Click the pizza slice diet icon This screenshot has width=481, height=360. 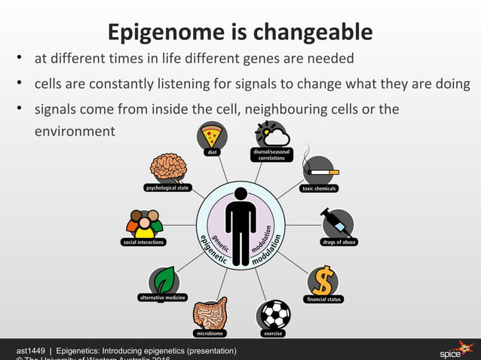click(x=213, y=136)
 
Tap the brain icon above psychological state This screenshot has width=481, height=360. click(x=167, y=167)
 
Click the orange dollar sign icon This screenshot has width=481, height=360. click(x=323, y=280)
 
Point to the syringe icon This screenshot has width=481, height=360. click(x=336, y=224)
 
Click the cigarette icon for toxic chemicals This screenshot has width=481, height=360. click(x=319, y=169)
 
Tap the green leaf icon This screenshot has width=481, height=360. click(x=164, y=281)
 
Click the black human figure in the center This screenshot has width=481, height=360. click(x=240, y=225)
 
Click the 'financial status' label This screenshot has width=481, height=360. click(x=323, y=299)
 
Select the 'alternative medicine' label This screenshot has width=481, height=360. click(x=162, y=297)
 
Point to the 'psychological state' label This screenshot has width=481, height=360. click(x=167, y=188)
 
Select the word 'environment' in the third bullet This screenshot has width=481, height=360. click(x=75, y=131)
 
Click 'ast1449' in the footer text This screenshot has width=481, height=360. click(x=31, y=351)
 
